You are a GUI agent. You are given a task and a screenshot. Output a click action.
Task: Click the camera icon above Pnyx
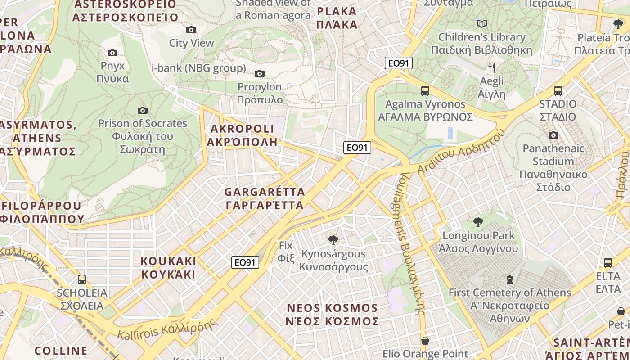(112, 53)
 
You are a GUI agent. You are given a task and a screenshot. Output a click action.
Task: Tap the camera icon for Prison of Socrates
(143, 110)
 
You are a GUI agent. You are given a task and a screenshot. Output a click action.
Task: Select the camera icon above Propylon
(260, 73)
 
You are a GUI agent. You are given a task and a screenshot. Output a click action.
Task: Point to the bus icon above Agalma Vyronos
(425, 91)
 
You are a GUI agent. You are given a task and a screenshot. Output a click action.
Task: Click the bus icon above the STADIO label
(558, 91)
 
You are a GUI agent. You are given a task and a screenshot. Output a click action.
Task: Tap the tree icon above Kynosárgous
(333, 240)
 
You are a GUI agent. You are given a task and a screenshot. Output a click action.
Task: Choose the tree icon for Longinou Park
(478, 222)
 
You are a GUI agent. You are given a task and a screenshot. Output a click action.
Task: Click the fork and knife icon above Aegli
(492, 68)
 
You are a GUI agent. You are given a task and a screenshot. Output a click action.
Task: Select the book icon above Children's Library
(482, 23)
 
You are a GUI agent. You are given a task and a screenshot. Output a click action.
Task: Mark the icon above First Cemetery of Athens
(509, 279)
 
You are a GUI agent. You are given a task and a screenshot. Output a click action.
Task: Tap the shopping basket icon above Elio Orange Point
(425, 341)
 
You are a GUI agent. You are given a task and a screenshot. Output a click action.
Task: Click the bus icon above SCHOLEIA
(81, 279)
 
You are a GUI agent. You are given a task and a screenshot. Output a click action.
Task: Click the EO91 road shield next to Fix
(245, 262)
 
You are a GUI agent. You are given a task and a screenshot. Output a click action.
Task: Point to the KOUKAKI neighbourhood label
(168, 268)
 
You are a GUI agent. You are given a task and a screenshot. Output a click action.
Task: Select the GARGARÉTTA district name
(265, 198)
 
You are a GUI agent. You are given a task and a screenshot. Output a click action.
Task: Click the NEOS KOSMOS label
(333, 315)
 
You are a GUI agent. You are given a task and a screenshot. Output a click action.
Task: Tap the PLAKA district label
(337, 18)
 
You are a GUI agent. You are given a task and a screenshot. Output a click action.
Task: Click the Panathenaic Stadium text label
(553, 167)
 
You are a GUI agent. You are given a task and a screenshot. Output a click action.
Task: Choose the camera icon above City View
(191, 30)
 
